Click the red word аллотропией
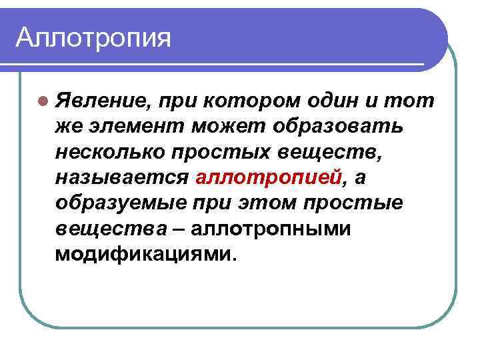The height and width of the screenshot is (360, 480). [x=269, y=178]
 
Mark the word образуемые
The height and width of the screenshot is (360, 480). [x=122, y=203]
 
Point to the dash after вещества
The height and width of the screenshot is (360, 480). [x=178, y=229]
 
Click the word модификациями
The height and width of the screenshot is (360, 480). [x=145, y=255]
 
